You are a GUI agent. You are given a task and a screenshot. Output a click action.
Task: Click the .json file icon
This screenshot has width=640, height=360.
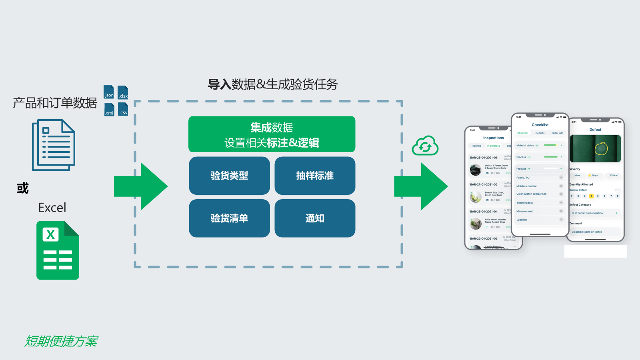click(x=109, y=92)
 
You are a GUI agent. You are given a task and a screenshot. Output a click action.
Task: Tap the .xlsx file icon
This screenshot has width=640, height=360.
click(x=123, y=92)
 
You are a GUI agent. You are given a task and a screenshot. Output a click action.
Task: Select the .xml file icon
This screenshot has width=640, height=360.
click(x=109, y=110)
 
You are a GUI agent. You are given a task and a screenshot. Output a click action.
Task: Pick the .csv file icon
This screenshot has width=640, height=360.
click(x=123, y=110)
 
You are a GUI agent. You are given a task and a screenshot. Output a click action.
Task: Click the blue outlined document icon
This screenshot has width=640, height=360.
click(x=54, y=145)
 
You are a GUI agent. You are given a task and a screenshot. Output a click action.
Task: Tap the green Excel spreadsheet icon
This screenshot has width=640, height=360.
click(x=58, y=250)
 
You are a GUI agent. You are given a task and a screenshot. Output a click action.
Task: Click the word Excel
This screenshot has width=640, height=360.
click(x=52, y=208)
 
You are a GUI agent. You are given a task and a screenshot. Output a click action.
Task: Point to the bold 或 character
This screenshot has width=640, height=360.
click(x=23, y=188)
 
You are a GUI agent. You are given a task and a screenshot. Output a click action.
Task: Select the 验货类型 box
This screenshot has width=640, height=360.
click(x=229, y=176)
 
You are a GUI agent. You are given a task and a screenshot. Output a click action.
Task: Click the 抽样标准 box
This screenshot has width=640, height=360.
click(x=315, y=176)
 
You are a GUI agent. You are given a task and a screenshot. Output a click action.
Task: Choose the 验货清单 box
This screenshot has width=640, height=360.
click(x=229, y=218)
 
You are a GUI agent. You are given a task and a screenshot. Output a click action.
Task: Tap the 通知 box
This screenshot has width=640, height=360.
click(x=315, y=218)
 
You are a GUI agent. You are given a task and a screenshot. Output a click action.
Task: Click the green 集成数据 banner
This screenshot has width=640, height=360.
click(x=272, y=134)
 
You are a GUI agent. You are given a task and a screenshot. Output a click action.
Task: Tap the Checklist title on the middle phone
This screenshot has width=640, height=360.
click(x=540, y=125)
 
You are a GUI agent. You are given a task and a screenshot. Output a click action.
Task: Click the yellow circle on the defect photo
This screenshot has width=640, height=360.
click(x=601, y=149)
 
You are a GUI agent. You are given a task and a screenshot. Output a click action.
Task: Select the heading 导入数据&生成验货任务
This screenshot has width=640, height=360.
click(x=272, y=84)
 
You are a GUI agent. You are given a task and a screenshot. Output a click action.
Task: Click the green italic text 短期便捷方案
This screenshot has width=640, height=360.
click(x=61, y=341)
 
